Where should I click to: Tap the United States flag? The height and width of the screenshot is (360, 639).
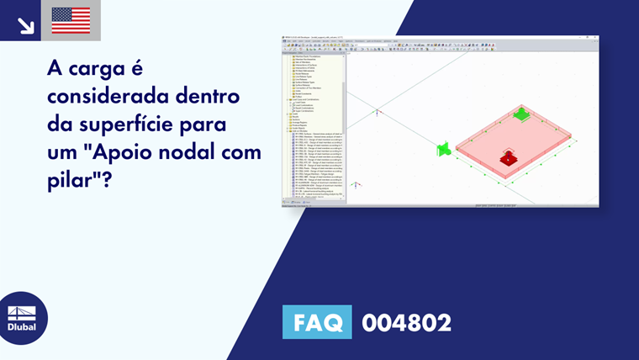click(71, 20)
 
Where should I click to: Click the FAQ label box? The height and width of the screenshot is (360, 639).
click(317, 322)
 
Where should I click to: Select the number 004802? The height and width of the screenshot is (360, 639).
click(406, 322)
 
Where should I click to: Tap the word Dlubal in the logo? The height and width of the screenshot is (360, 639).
click(22, 327)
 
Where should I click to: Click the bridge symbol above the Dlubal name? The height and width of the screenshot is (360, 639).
click(22, 312)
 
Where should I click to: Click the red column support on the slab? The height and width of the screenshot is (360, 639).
click(507, 157)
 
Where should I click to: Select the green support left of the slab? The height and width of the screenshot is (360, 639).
click(443, 150)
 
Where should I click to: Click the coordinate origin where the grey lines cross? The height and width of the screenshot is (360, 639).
click(377, 111)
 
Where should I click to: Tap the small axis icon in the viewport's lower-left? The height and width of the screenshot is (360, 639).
click(356, 184)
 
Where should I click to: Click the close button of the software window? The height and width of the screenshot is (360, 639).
click(596, 37)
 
